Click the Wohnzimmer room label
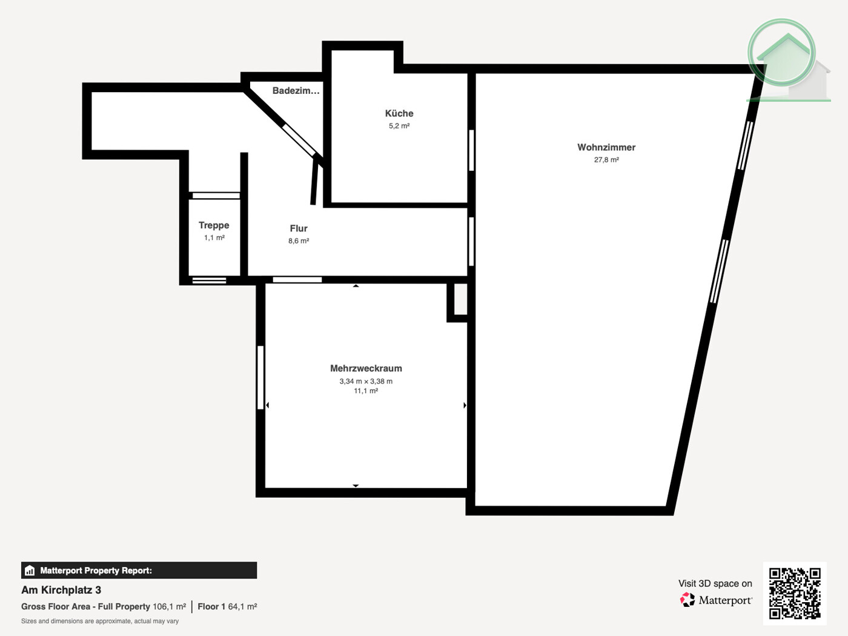[606, 147]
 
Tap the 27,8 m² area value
[606, 160]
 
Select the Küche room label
[399, 113]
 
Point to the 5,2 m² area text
[399, 126]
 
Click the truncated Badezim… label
[296, 91]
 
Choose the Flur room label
[299, 228]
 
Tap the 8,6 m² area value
[299, 241]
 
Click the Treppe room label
[214, 225]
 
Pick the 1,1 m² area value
[214, 238]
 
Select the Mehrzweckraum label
[366, 368]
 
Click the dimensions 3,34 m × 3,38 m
[366, 382]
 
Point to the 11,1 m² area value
[366, 391]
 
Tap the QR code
[795, 593]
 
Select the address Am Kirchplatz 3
[61, 590]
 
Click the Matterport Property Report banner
[139, 571]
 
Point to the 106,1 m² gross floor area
[169, 606]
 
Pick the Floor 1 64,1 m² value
[227, 606]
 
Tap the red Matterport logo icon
[687, 600]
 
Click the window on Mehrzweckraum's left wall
[260, 377]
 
